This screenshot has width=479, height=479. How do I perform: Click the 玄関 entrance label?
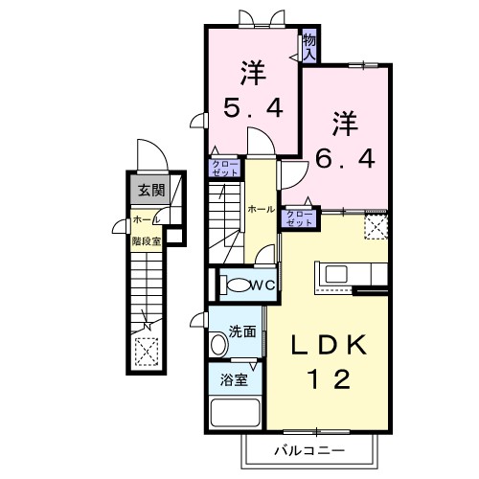click(148, 190)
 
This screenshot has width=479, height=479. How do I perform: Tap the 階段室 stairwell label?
click(146, 240)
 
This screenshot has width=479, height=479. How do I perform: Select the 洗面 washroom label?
click(242, 332)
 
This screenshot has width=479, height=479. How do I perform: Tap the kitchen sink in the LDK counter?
click(335, 274)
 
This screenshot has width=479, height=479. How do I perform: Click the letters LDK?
click(331, 344)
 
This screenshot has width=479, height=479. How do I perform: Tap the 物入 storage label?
click(309, 47)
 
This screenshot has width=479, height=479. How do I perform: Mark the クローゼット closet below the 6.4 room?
click(299, 217)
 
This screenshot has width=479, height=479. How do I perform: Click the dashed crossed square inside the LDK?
click(376, 226)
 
